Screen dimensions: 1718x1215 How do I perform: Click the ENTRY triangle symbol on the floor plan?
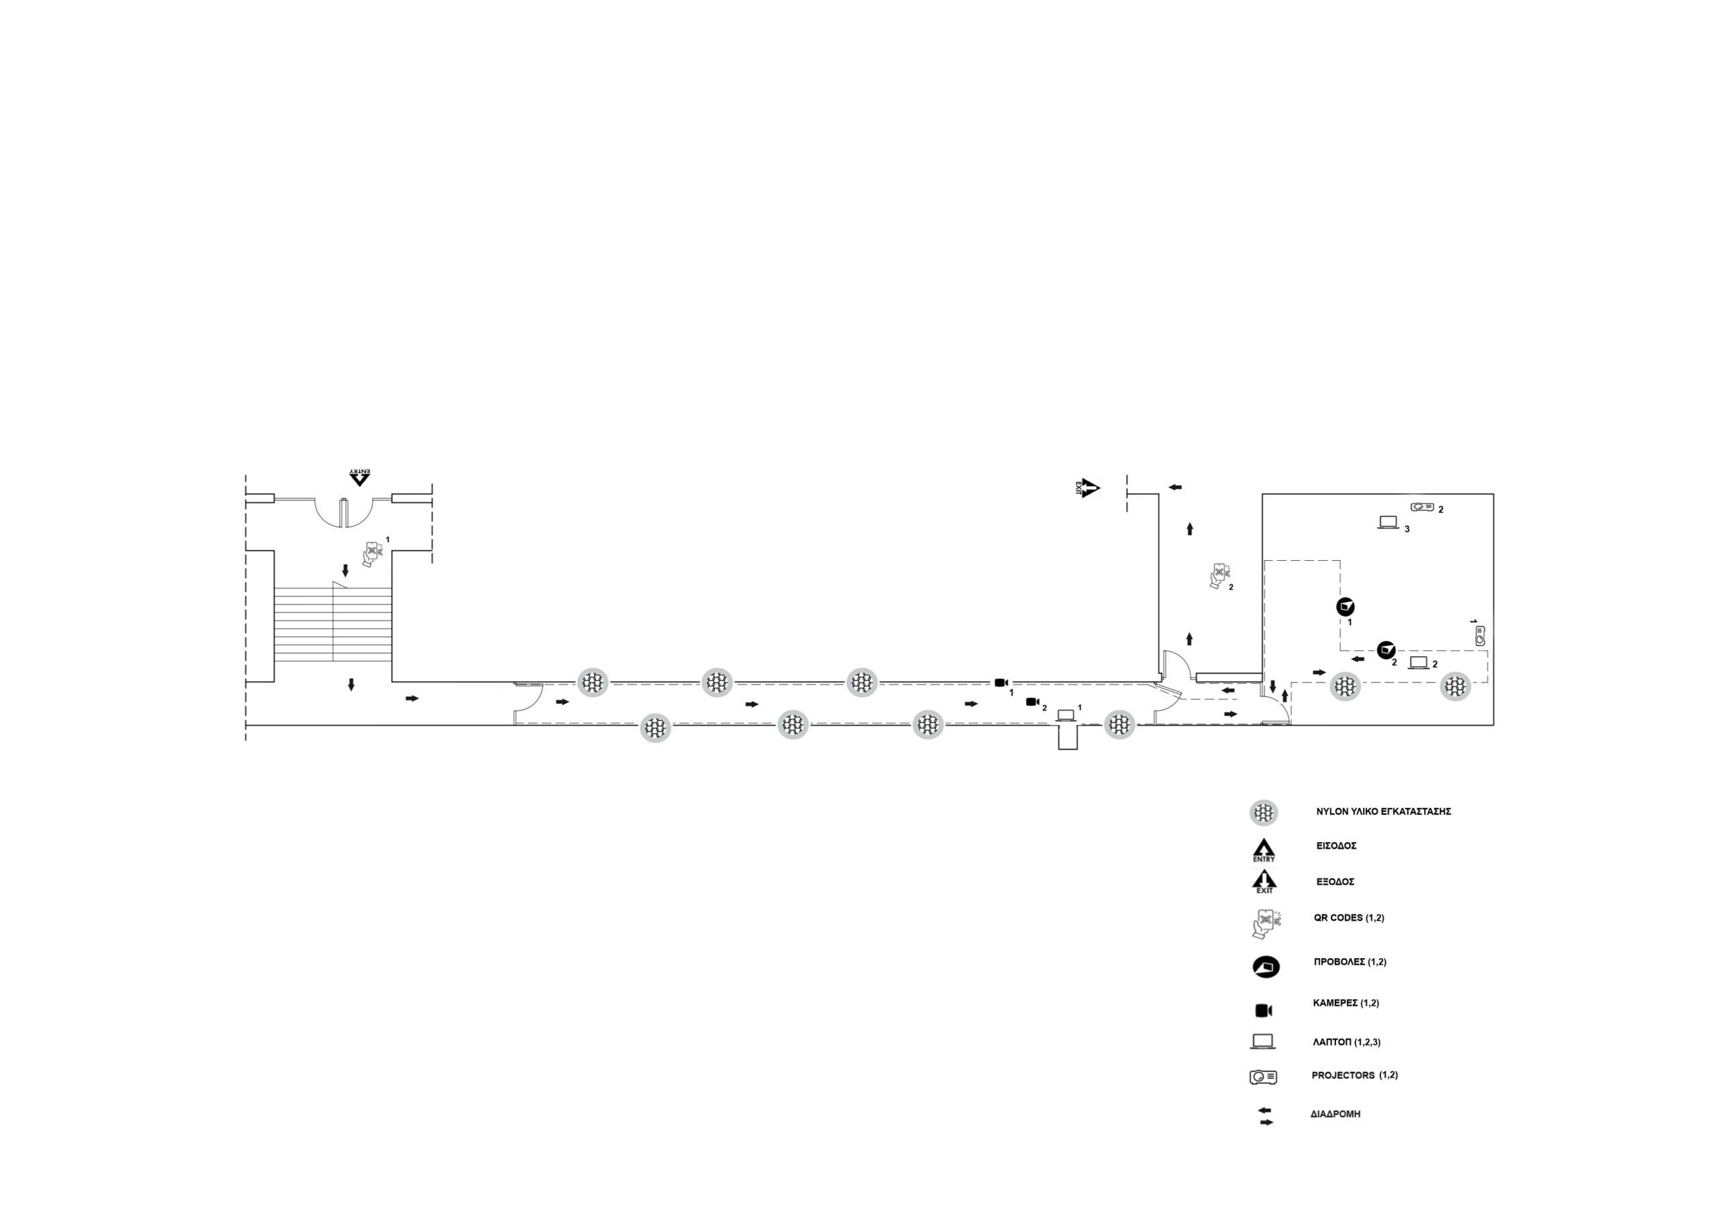360,476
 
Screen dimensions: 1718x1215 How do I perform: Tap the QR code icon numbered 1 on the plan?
372,553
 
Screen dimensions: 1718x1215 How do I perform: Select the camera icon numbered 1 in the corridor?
1001,682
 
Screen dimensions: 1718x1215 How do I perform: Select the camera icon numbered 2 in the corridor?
1033,702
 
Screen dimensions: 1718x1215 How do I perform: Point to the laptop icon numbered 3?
1388,523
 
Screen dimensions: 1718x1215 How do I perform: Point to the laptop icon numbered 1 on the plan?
1066,715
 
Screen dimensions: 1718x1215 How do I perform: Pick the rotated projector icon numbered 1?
1479,636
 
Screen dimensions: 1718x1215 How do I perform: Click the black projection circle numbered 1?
1346,606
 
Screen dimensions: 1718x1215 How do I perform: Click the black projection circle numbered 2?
1386,649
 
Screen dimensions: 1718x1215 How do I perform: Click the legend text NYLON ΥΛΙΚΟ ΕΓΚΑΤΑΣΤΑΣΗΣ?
1384,811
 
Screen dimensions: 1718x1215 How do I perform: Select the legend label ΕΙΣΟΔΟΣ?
1336,845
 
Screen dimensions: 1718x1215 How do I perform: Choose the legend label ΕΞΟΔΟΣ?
1335,882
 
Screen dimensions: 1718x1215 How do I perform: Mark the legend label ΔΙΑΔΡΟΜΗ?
1335,1114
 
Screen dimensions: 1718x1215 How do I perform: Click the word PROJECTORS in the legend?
1343,1075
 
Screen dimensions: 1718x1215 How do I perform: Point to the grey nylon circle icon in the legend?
1264,812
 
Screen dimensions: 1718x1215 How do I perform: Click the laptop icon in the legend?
1262,1041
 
